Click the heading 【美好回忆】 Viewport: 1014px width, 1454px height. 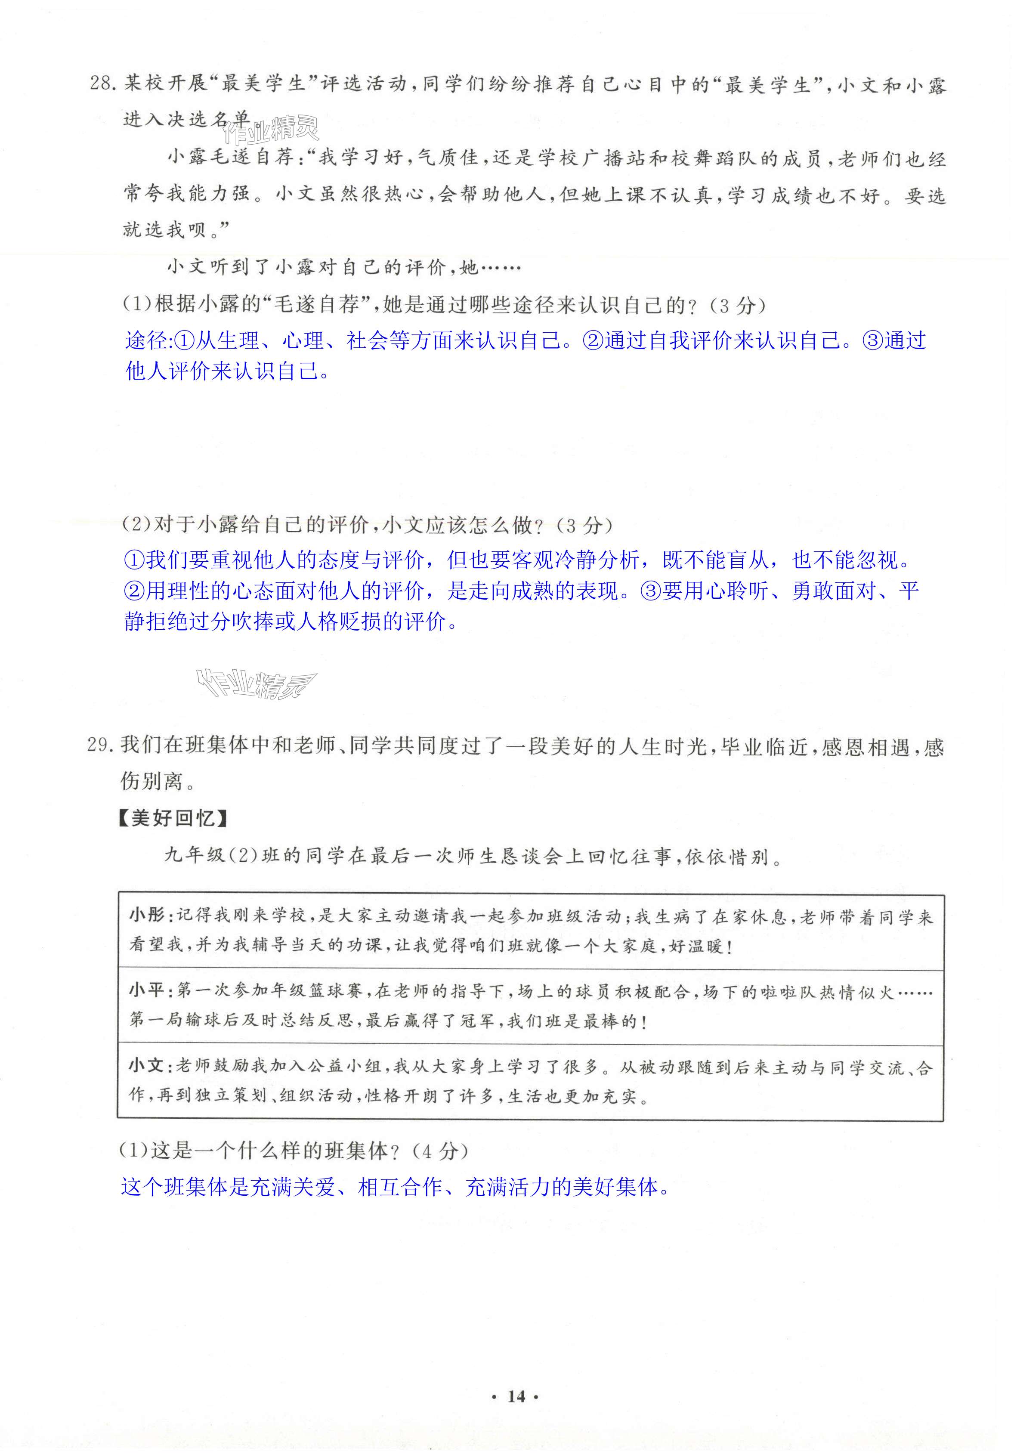point(172,818)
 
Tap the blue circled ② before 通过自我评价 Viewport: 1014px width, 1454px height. point(592,341)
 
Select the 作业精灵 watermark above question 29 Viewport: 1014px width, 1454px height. point(257,684)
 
